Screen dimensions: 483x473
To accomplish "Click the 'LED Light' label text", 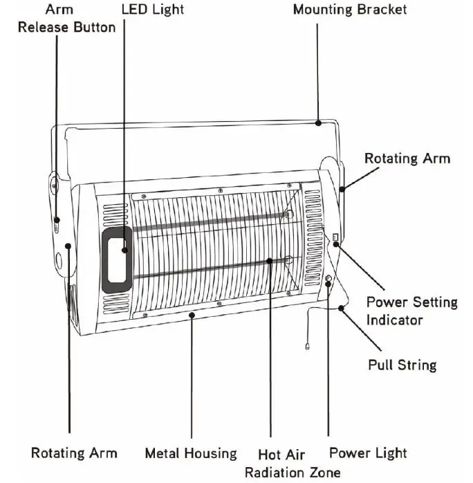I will tap(153, 10).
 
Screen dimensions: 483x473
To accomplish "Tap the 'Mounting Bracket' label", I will tap(350, 10).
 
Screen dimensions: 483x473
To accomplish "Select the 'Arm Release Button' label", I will tap(66, 19).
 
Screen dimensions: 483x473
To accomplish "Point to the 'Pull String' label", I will tap(401, 364).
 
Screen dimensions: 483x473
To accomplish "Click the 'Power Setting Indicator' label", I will tap(411, 311).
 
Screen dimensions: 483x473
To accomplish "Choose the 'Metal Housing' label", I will tap(190, 453).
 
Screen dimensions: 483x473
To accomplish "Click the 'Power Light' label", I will tap(368, 453).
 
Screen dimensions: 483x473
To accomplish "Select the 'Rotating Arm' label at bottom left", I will tap(74, 453).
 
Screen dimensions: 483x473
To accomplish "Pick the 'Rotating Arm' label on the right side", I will tap(407, 158).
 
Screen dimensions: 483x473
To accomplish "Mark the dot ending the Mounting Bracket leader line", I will tap(317, 123).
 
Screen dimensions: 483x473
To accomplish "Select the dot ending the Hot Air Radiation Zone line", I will tap(270, 260).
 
